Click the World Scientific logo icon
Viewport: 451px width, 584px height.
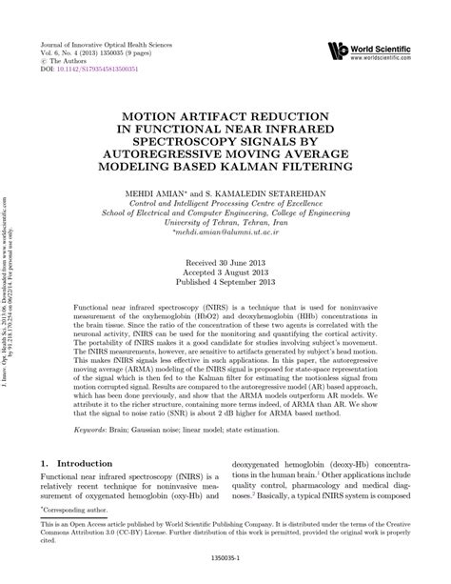tap(336, 50)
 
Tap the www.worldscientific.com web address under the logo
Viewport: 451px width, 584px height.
tap(387, 56)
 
